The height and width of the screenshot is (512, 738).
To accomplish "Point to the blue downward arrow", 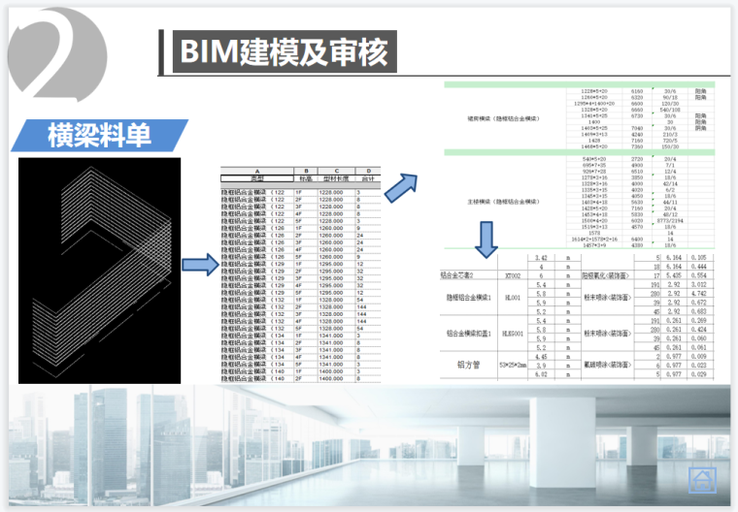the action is coord(486,238).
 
